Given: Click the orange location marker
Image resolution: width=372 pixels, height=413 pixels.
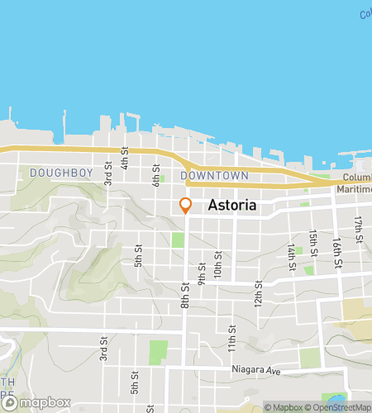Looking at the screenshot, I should point(185,206).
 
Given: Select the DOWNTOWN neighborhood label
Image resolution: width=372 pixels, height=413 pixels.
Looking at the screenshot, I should point(214,176).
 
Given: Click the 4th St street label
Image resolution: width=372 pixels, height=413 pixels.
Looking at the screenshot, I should point(125,158).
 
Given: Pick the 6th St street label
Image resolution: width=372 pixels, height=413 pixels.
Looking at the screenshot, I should point(155,174).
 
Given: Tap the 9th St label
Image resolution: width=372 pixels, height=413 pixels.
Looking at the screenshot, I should point(201,274).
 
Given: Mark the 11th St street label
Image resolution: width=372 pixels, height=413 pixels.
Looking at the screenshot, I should point(233,338).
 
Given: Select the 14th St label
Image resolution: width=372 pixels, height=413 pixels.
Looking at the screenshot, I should point(292,257).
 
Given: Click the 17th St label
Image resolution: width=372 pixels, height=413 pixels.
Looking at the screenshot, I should point(359,229).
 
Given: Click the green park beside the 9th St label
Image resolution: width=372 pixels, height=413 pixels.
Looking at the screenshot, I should point(178,240).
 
